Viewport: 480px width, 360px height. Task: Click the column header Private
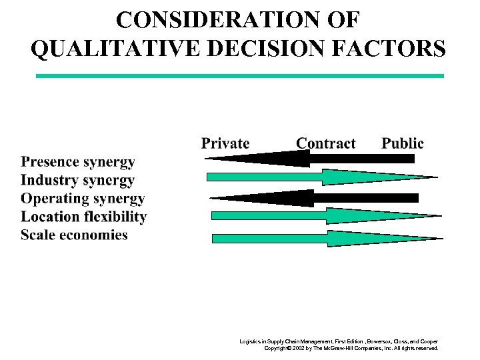point(225,143)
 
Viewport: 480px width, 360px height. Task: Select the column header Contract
point(325,143)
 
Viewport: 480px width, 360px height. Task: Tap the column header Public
point(402,143)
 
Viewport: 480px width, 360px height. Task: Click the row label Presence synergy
point(78,162)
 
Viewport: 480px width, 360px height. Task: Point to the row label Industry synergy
point(77,180)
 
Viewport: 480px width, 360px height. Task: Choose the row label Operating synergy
point(83,198)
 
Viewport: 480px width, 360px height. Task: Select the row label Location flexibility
point(83,217)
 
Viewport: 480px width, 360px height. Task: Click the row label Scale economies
point(74,235)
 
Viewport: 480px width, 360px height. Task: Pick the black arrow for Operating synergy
point(313,198)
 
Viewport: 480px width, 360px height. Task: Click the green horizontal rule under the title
point(239,76)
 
